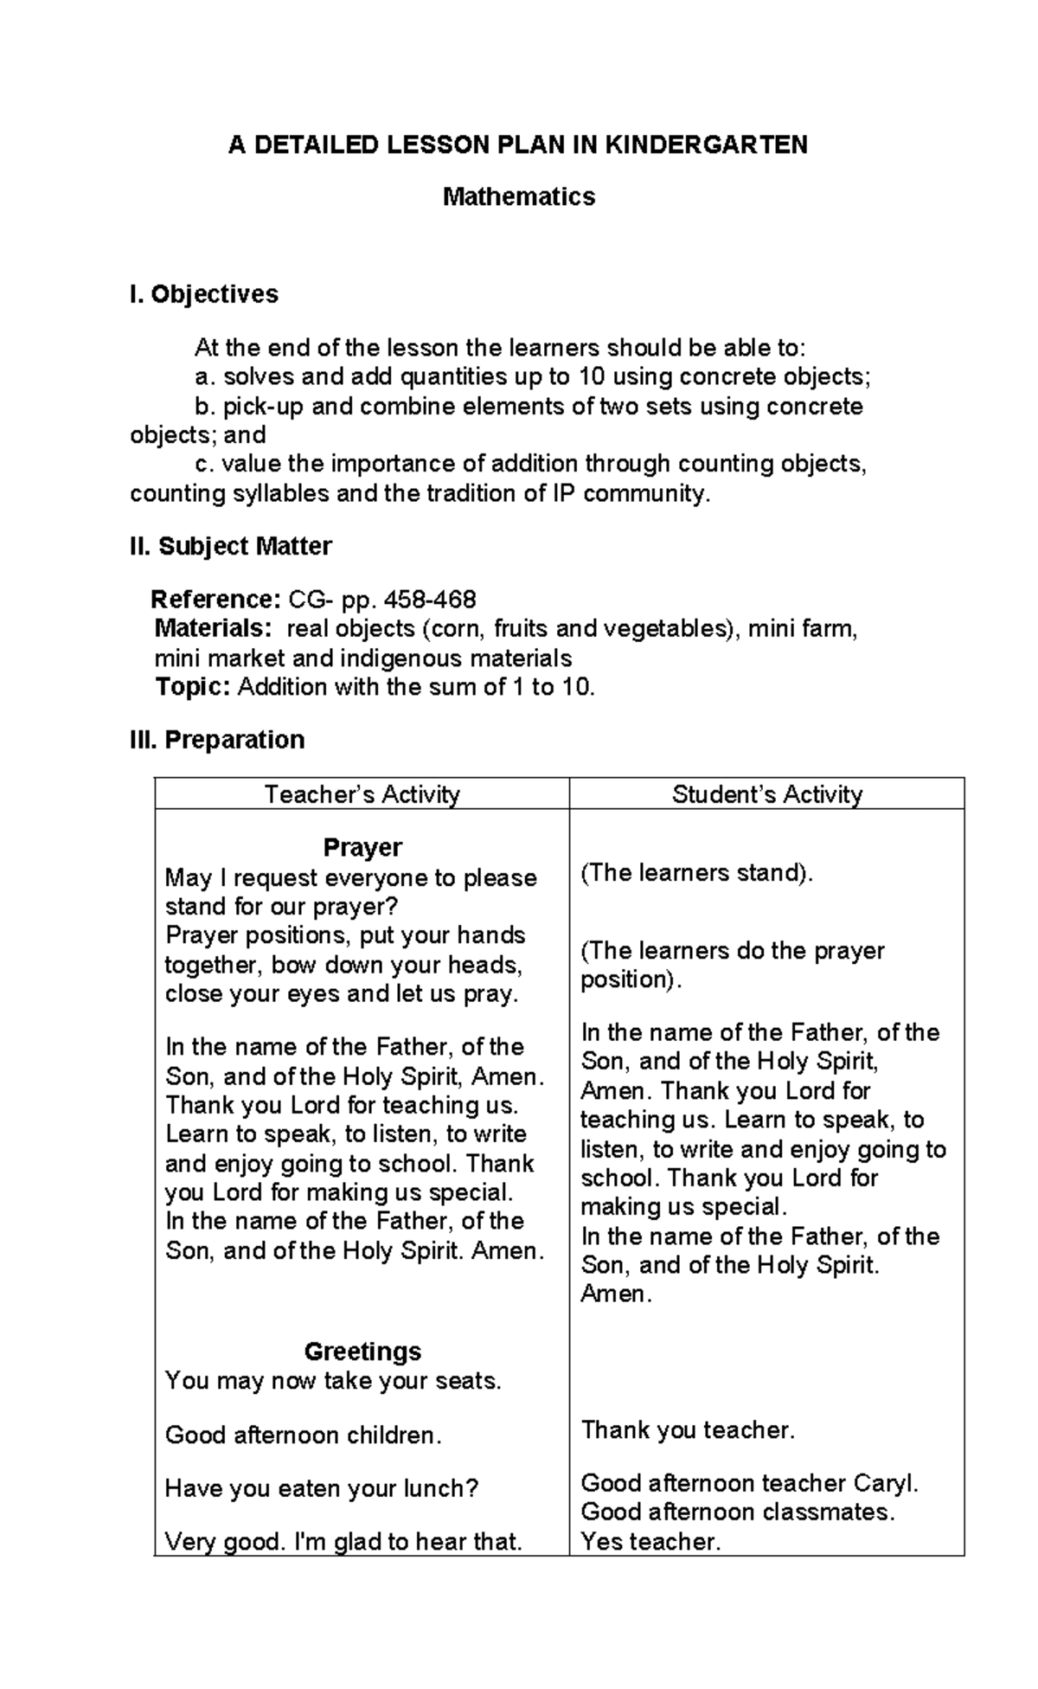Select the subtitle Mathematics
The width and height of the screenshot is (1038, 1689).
(519, 197)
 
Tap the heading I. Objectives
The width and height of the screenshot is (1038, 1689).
(204, 294)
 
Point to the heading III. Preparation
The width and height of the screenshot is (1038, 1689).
(217, 740)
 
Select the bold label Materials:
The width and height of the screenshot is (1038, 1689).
(213, 628)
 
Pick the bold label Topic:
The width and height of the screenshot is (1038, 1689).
(192, 687)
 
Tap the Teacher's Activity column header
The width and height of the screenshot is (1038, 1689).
(362, 794)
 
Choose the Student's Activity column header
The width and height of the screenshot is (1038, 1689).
(766, 794)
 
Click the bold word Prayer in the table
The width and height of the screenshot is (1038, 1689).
(362, 847)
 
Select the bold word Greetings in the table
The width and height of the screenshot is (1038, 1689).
(362, 1351)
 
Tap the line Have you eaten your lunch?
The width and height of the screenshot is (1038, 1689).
(322, 1488)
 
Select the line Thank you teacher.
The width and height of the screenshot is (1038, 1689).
(688, 1429)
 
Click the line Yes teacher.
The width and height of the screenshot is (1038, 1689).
(650, 1541)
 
